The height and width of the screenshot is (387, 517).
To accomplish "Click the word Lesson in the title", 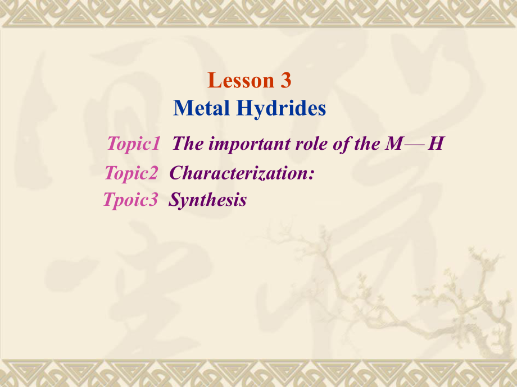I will (x=240, y=81).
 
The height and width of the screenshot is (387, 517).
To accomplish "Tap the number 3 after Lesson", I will (x=285, y=81).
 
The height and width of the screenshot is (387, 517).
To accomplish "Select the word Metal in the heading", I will (x=199, y=108).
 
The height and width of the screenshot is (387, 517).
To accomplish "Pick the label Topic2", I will (x=131, y=173).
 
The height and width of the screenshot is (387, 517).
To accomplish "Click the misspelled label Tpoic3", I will (x=130, y=200).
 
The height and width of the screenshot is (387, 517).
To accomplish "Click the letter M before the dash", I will (x=394, y=144).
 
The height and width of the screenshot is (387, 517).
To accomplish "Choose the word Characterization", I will (x=238, y=173).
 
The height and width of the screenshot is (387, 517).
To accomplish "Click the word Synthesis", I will (x=208, y=200).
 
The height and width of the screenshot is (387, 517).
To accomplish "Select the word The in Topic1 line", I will (x=188, y=144).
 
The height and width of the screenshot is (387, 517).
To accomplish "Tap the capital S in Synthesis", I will (x=174, y=200).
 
